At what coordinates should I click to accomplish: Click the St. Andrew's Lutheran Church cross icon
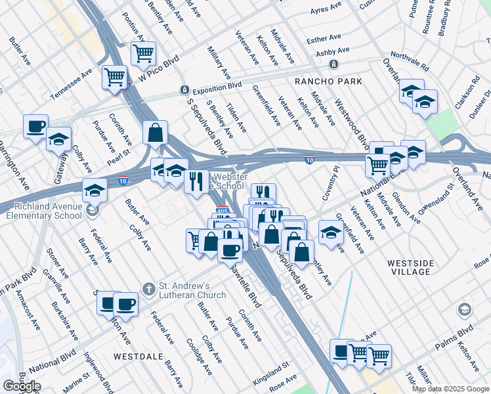point(149,288)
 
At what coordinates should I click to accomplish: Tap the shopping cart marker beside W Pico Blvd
point(143,54)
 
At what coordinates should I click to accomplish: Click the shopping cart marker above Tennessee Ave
point(115,77)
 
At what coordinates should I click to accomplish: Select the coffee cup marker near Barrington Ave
point(35,125)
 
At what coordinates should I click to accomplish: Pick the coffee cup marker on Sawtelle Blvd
point(229,250)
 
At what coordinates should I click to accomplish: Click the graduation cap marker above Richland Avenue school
point(95,190)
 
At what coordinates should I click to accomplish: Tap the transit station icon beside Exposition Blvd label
point(185,89)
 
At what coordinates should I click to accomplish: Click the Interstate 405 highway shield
point(223,211)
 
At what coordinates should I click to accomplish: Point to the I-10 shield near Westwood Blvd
point(309,159)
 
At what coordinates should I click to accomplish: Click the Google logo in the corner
point(22,386)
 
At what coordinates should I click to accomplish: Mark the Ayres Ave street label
point(326,11)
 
